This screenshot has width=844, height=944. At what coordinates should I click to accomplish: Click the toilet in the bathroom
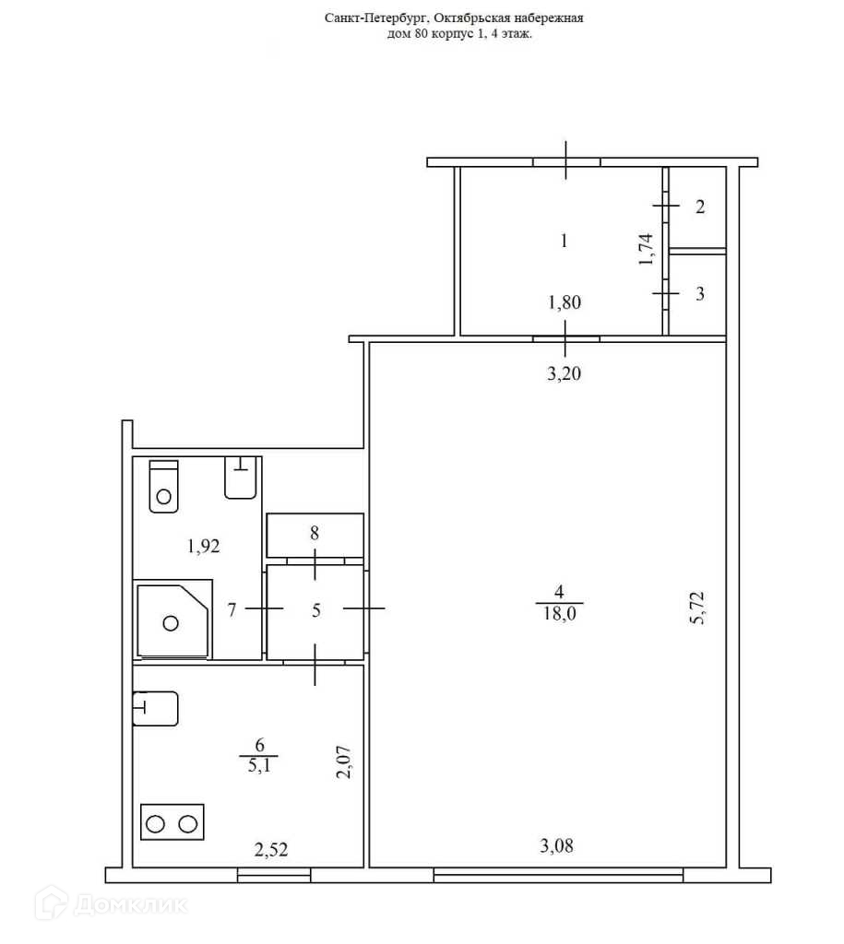click(x=164, y=486)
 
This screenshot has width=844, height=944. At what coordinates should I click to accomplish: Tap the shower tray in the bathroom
click(x=173, y=621)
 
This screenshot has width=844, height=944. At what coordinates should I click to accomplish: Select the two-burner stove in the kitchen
click(x=172, y=821)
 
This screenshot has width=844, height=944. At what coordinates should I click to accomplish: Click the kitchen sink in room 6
click(x=156, y=709)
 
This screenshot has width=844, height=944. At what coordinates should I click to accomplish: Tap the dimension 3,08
click(x=556, y=846)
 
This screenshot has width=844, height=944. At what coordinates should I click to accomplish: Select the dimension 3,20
click(x=564, y=374)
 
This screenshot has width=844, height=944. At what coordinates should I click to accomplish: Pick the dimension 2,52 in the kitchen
click(x=271, y=849)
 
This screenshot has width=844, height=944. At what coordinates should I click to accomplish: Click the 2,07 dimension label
click(x=343, y=762)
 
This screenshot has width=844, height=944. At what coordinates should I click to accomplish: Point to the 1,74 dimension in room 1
click(x=645, y=249)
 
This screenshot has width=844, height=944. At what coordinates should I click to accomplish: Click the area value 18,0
click(x=559, y=613)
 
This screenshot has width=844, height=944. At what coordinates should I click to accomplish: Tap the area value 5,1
click(x=259, y=766)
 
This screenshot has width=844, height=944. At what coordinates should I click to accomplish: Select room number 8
click(x=314, y=533)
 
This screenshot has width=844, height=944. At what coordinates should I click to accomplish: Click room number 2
click(x=699, y=206)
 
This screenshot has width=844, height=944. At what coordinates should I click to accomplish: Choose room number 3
click(x=699, y=293)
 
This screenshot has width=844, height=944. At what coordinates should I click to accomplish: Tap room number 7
click(x=232, y=610)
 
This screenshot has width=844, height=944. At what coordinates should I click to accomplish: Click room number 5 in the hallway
click(x=316, y=610)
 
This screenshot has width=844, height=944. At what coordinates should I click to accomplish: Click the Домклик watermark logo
click(x=111, y=903)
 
